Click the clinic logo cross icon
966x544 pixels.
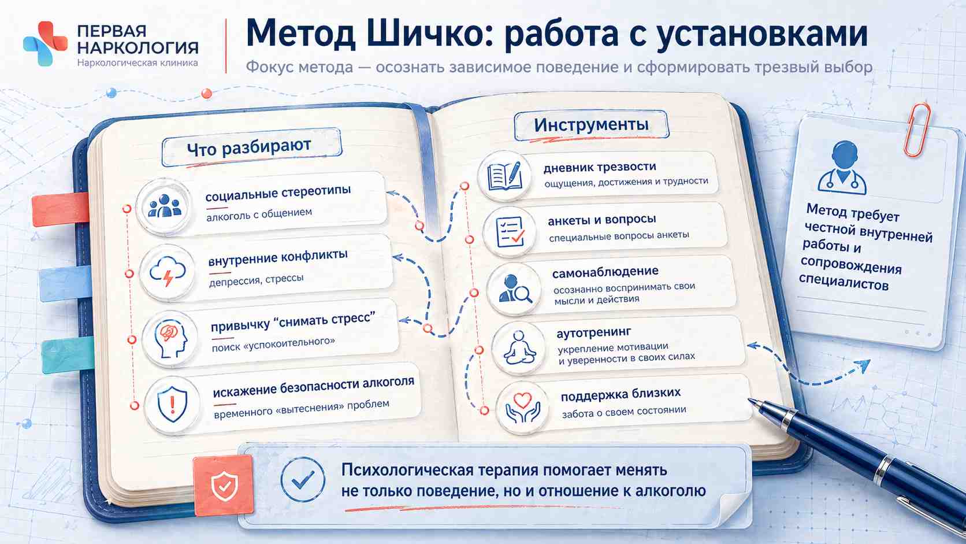point(45,43)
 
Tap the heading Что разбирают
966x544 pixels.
point(249,147)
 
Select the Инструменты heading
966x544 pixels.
point(591,125)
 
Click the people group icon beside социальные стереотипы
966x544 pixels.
point(164,206)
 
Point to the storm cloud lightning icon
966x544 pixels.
point(168,271)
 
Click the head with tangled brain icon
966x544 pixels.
point(170,339)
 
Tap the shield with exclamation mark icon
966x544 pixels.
point(173,404)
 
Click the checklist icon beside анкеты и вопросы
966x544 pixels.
point(510,232)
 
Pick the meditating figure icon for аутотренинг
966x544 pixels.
point(519,347)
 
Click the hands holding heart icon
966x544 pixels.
point(523,407)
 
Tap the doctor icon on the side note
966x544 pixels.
point(842,168)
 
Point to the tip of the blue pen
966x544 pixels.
point(749,399)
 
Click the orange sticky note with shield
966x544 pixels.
point(224,486)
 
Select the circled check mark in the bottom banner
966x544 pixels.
point(303,479)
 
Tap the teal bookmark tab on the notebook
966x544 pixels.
point(68,355)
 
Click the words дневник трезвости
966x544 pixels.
point(600,166)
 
